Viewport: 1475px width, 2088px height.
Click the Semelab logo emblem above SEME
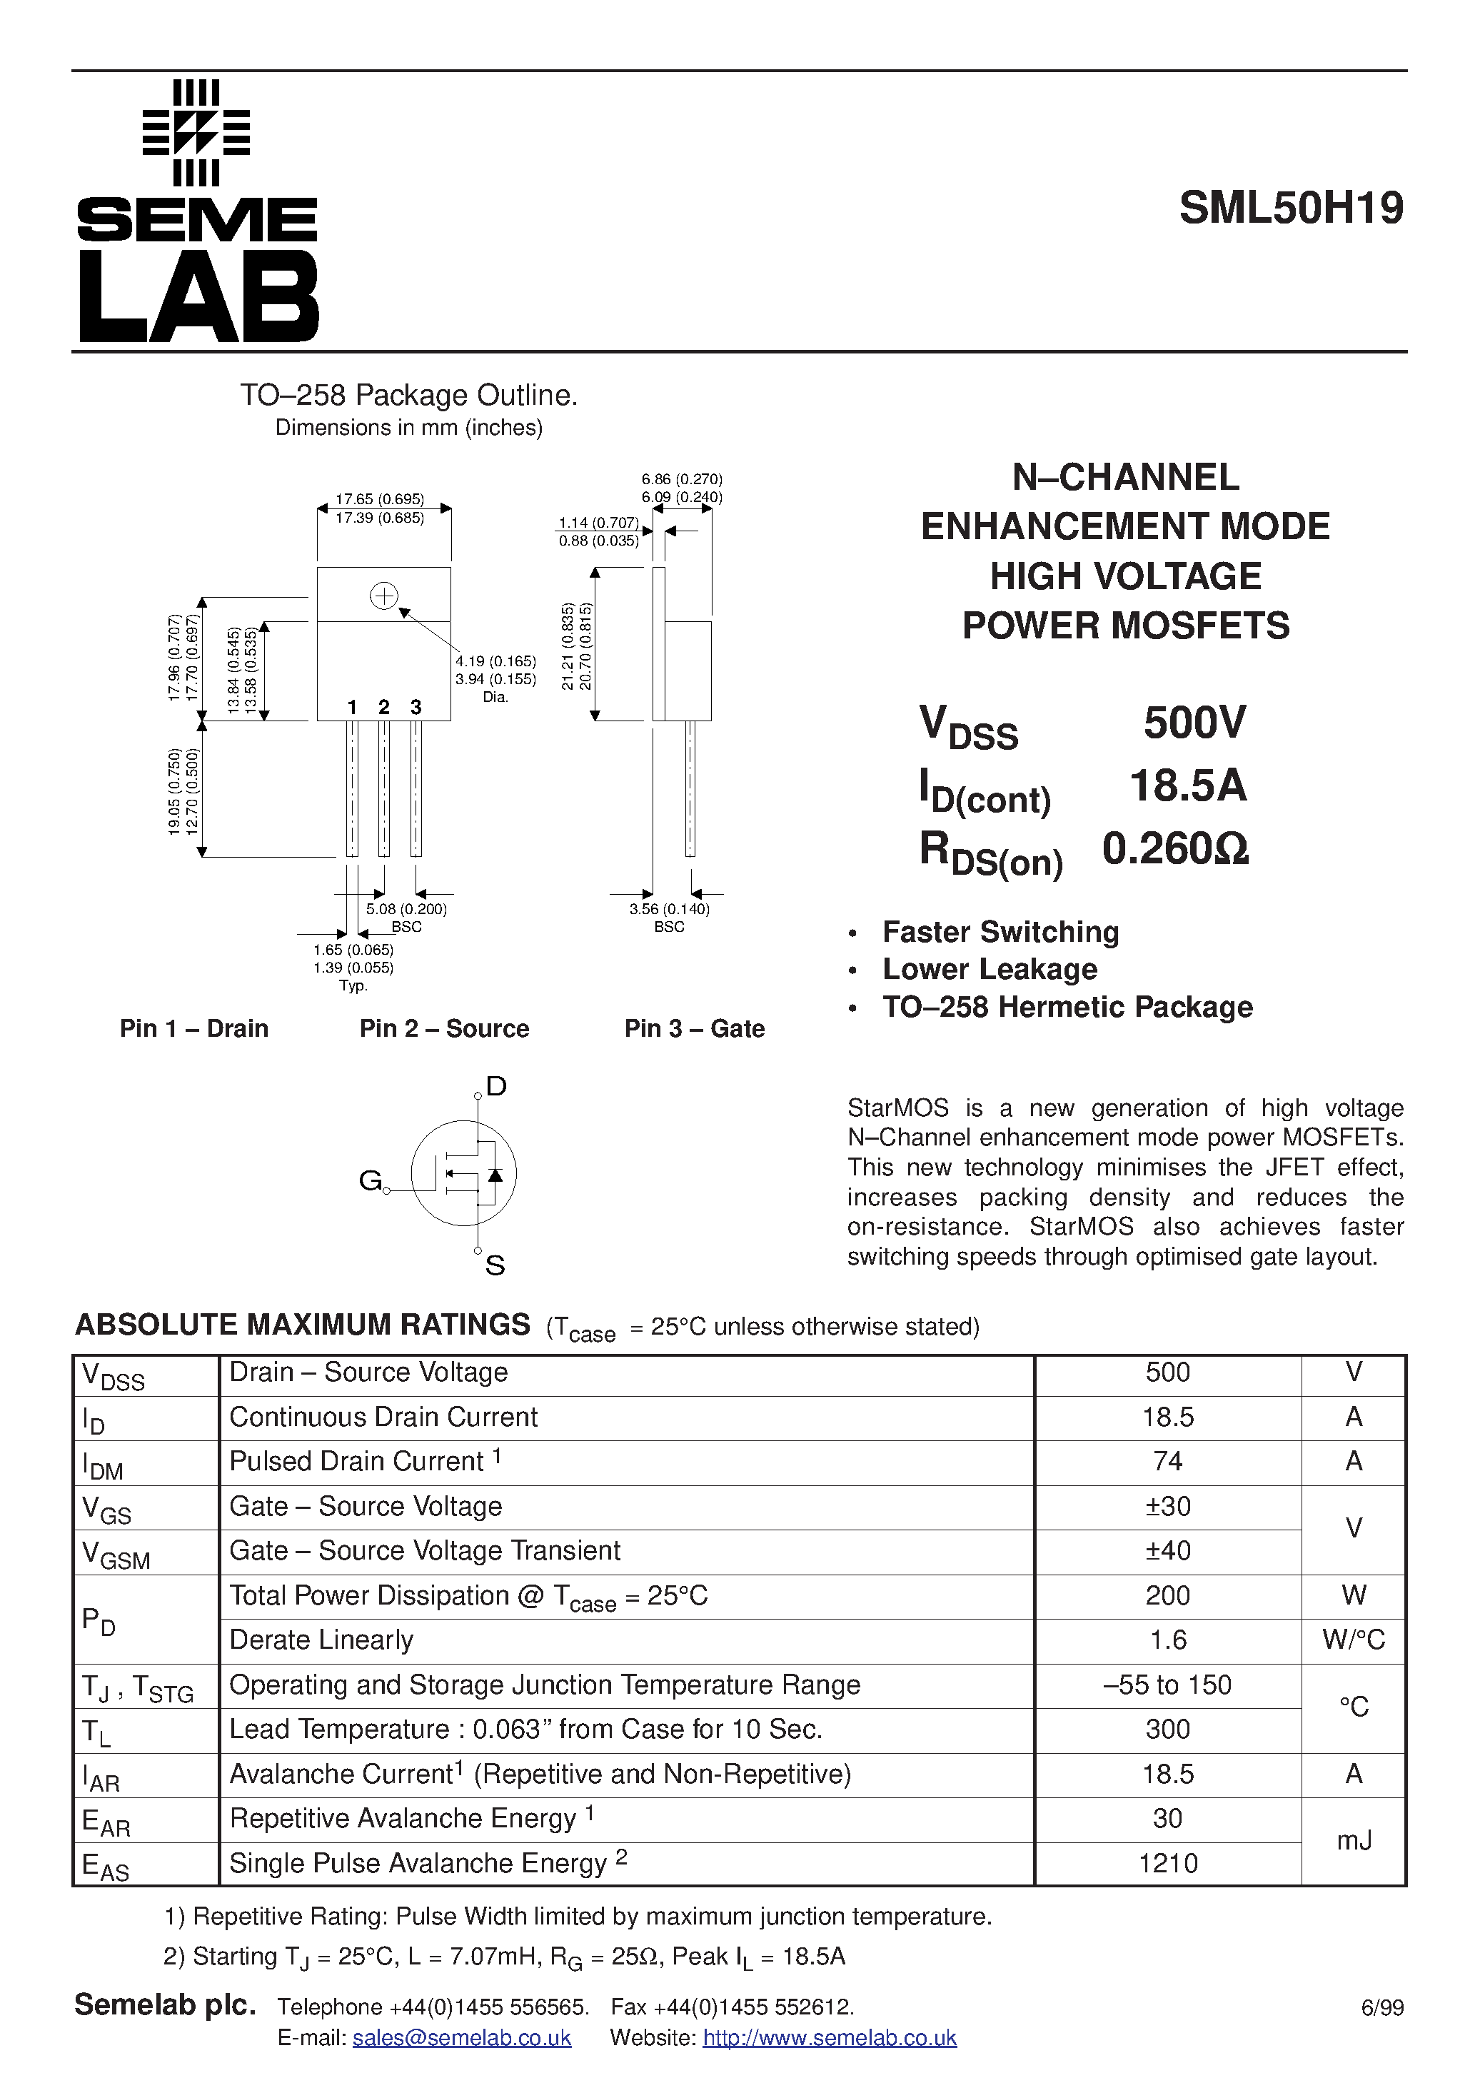(196, 133)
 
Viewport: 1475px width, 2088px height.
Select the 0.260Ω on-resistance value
(1175, 848)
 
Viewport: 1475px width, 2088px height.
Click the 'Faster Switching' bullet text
(1000, 932)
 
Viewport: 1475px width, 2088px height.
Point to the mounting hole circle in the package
(384, 596)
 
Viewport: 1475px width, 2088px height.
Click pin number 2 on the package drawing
(384, 707)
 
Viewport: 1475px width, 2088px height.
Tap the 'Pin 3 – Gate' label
(694, 1028)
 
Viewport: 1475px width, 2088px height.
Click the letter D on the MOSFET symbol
(495, 1086)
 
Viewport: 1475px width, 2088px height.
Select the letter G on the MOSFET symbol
(370, 1180)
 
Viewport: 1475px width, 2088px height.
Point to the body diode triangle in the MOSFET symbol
(495, 1174)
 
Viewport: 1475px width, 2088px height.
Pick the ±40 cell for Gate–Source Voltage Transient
(1167, 1550)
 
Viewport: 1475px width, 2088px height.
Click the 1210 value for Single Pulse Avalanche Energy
(1167, 1863)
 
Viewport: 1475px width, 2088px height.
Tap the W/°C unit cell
(1353, 1640)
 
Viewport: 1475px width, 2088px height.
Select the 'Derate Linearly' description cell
(321, 1640)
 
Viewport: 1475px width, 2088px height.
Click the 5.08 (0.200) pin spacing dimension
(406, 908)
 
